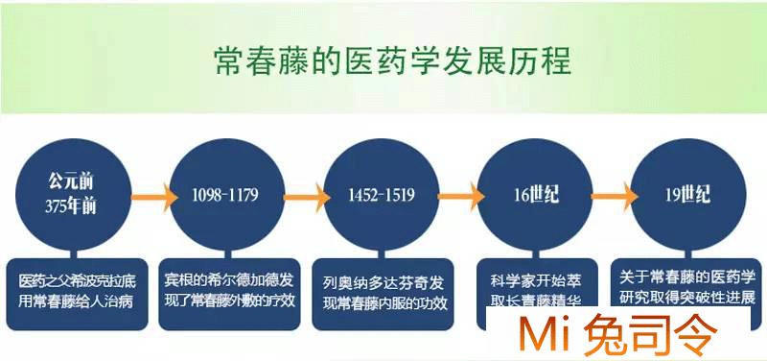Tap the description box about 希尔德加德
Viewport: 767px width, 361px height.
[x=234, y=288]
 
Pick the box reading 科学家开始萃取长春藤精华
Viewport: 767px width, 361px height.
[x=536, y=288]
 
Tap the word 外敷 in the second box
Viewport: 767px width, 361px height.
[x=259, y=298]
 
